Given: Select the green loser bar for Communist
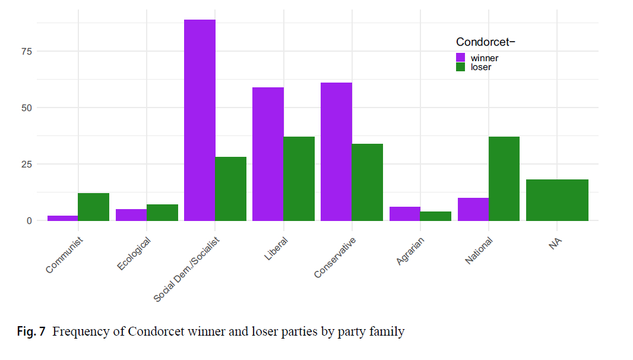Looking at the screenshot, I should [94, 207].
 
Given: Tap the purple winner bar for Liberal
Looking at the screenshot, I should [268, 154].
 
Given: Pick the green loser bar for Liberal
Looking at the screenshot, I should [299, 179].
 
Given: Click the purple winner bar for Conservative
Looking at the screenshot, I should [336, 151].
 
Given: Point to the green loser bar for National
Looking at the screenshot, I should [504, 179].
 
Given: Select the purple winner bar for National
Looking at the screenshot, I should [473, 209].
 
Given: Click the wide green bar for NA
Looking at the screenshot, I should [557, 200].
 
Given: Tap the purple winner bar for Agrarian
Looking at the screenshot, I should [404, 214].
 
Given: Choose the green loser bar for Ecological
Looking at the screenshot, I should [162, 213].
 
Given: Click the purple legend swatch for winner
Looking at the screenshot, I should [461, 58].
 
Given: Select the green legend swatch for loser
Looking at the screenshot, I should [461, 67].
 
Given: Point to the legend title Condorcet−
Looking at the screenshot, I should [485, 42].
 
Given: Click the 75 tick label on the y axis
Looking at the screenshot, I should [26, 51].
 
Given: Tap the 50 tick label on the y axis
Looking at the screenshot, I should [26, 108].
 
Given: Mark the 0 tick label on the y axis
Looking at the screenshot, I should [29, 220].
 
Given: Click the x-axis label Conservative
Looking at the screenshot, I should [336, 257].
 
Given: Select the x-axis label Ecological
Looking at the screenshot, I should [134, 254].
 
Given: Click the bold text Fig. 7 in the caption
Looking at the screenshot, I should [31, 332].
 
